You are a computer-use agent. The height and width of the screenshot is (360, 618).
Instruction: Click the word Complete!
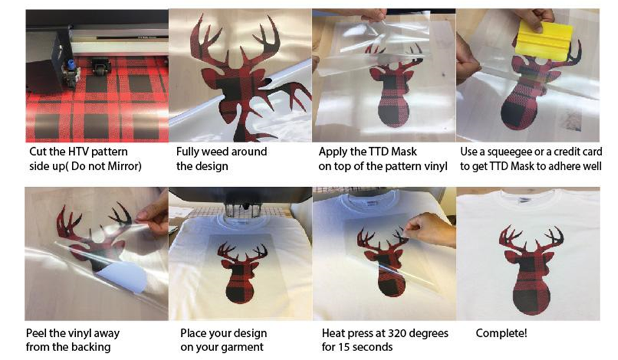coord(501,333)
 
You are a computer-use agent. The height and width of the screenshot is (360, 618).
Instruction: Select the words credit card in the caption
coord(574,152)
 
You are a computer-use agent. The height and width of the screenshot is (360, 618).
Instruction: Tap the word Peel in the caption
coord(35,333)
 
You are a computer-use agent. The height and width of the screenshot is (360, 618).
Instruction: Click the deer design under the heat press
coord(240,272)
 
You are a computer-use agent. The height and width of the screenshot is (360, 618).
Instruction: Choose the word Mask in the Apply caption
coord(404,152)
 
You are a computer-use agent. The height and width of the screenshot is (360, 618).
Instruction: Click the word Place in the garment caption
coord(194,333)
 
